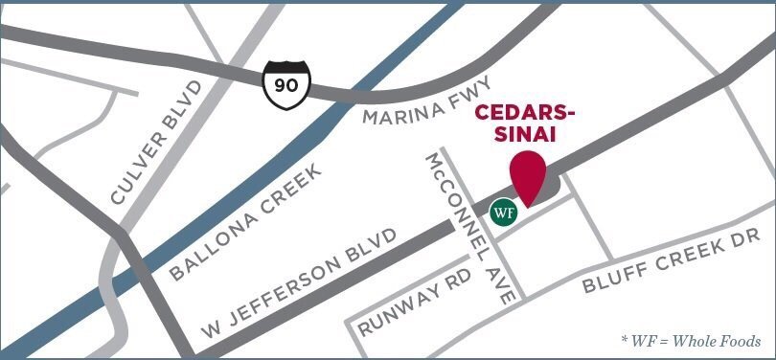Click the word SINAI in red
[526, 137]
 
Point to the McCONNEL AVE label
[471, 227]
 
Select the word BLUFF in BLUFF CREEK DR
[610, 279]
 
